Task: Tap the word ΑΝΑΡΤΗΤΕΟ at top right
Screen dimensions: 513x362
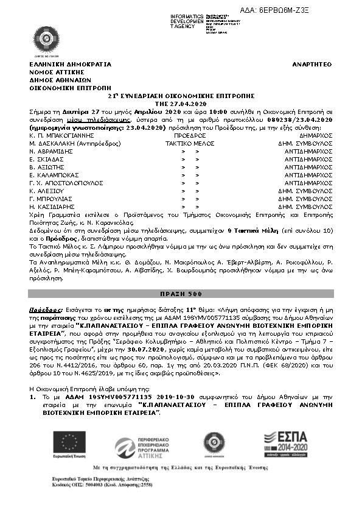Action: [312, 64]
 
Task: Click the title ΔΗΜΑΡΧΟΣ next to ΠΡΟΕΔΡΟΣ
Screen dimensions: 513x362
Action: [316, 135]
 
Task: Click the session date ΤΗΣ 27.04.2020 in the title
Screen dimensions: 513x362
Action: [181, 104]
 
